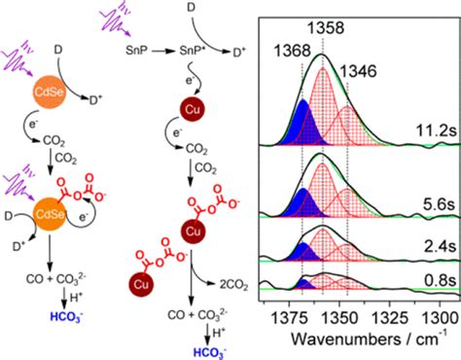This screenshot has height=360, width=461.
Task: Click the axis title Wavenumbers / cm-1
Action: pos(359,342)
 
